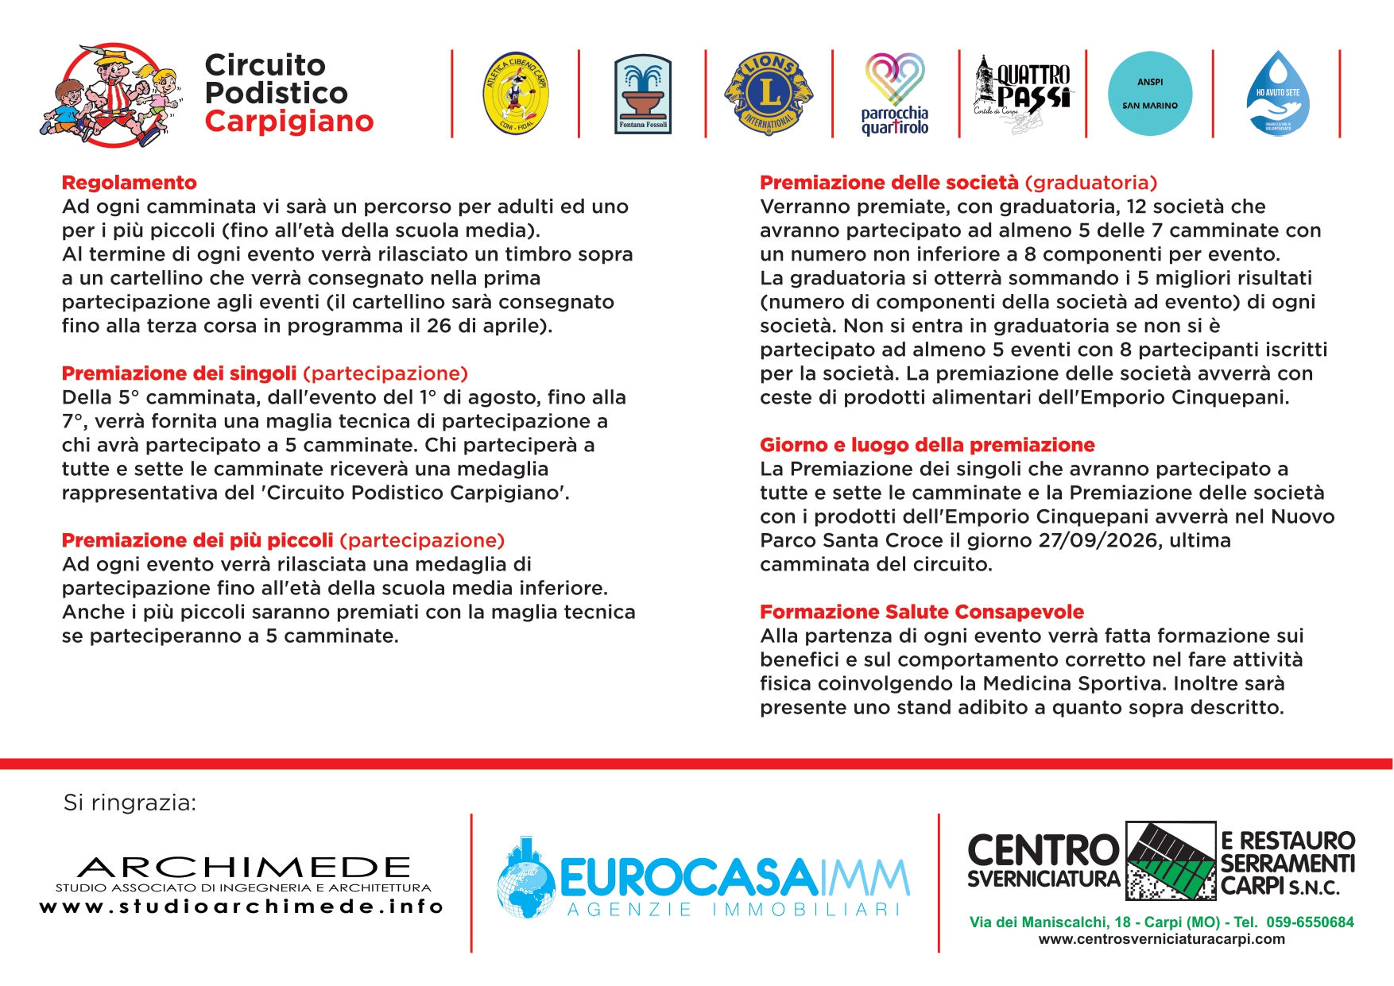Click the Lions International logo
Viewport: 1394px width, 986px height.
coord(769,94)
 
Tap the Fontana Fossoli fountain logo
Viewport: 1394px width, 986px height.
coord(643,94)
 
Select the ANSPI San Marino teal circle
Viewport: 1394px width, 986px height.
coord(1150,94)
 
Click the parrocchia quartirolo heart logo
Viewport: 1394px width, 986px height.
coord(895,94)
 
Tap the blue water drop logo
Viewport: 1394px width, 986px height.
coord(1277,94)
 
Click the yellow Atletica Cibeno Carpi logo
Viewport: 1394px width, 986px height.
coord(516,94)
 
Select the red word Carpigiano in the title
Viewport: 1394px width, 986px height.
coord(289,122)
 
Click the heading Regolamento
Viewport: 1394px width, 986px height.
coord(130,183)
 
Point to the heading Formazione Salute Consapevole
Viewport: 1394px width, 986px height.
coord(922,612)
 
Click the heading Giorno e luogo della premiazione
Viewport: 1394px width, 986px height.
coord(927,445)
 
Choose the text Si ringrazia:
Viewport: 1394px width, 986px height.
coord(130,802)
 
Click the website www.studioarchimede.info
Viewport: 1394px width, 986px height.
coord(241,907)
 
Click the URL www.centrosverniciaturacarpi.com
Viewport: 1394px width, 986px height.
coord(1161,939)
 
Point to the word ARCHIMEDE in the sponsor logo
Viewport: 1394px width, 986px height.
coord(244,867)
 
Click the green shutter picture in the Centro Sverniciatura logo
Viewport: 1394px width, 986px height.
coord(1171,861)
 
